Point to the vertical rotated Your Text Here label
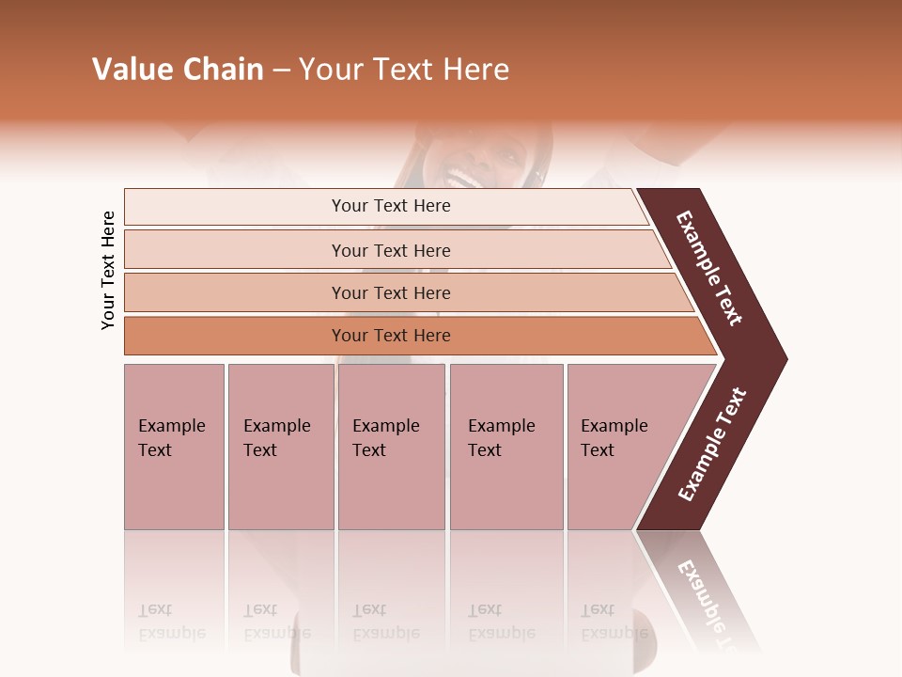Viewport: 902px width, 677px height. pos(108,270)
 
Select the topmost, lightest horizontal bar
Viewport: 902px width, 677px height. pos(385,206)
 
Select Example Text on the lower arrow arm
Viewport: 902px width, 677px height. pos(712,445)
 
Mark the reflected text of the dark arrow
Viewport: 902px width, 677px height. pos(709,602)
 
